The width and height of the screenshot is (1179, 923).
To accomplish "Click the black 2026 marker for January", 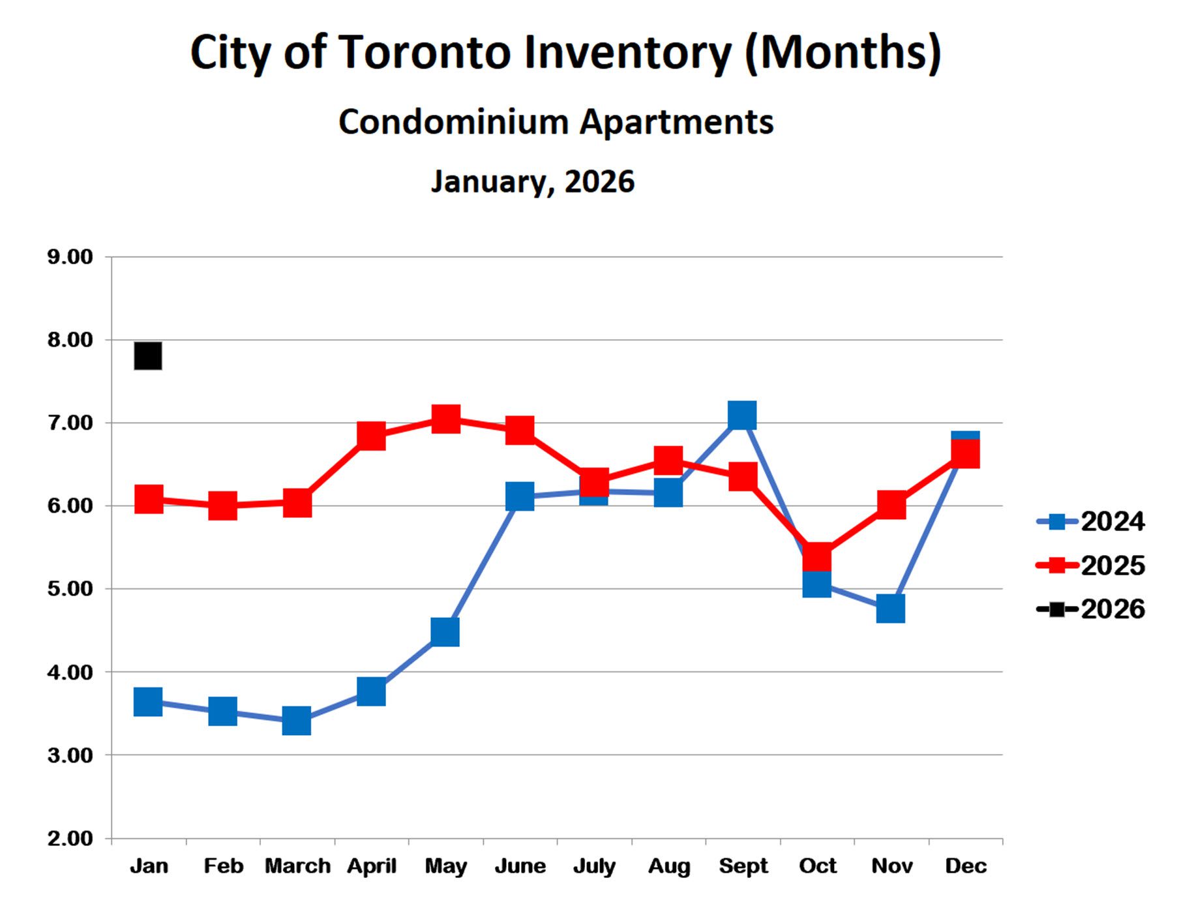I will [x=148, y=356].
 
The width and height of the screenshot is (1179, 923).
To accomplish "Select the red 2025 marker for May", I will [x=446, y=419].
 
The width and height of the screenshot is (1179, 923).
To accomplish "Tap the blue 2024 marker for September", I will [x=742, y=415].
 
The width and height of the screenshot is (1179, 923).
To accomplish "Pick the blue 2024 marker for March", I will [x=297, y=721].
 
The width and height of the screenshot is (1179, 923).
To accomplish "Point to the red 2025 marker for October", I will [x=817, y=558].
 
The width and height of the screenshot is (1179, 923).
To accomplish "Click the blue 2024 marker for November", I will [x=891, y=609].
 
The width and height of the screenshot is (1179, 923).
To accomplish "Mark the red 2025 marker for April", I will [x=371, y=435].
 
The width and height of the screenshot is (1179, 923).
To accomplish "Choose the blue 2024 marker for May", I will [x=445, y=632].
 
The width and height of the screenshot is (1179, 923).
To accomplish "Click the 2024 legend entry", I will [x=1090, y=522].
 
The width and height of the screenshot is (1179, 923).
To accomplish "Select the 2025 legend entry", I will [x=1090, y=566].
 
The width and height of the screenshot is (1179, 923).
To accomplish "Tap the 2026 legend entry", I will [x=1090, y=609].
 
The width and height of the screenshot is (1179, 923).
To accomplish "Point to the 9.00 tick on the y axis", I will [x=70, y=257].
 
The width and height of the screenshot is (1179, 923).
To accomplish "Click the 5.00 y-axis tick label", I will [x=70, y=589].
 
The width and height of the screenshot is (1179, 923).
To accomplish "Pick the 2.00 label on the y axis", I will [x=70, y=838].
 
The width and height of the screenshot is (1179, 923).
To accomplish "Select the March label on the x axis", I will [x=297, y=866].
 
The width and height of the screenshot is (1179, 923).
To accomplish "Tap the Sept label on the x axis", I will [x=743, y=866].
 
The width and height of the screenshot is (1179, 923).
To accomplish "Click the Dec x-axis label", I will [x=966, y=866].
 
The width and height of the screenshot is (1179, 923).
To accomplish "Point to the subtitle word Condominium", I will [x=454, y=122].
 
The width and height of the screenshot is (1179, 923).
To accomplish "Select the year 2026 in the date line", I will [x=599, y=181].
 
